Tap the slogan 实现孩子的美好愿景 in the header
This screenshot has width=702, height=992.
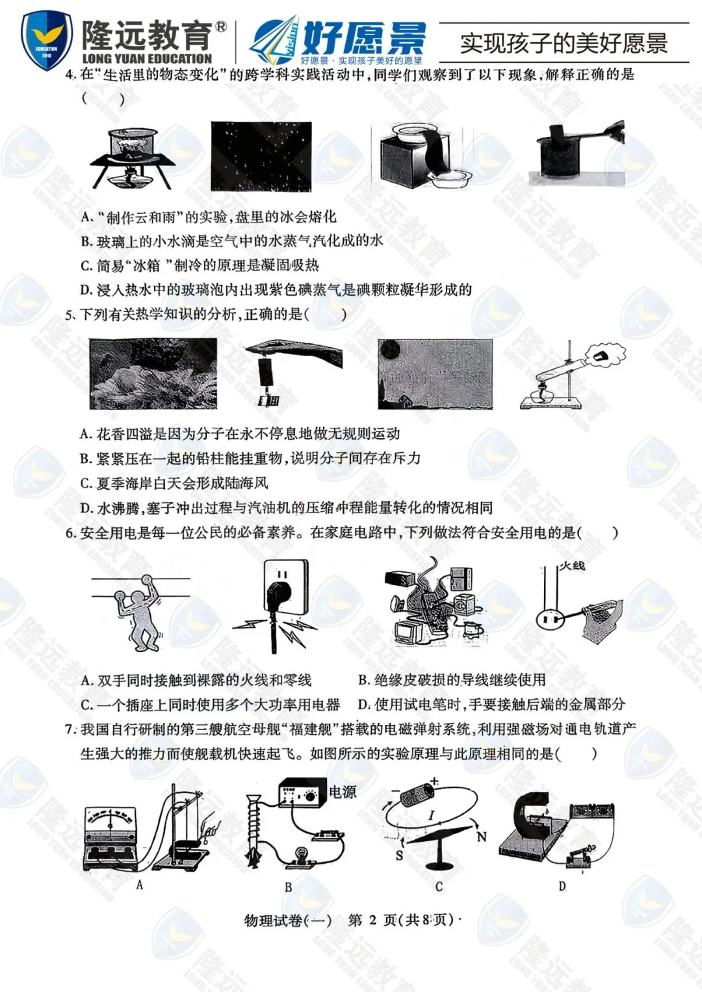(x=564, y=44)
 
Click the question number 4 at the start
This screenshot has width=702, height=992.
(x=70, y=75)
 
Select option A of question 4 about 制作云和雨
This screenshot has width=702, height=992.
(x=208, y=216)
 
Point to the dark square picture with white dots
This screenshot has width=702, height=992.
(x=261, y=157)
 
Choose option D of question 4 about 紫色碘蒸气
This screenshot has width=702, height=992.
(x=276, y=290)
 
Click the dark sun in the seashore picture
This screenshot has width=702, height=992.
(x=390, y=349)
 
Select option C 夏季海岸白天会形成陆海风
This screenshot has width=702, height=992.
(x=174, y=483)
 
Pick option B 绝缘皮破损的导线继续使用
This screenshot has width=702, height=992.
(x=452, y=680)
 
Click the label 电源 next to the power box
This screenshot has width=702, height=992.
(x=342, y=791)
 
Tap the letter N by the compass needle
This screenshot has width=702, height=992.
(x=481, y=837)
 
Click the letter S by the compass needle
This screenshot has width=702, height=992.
(x=399, y=855)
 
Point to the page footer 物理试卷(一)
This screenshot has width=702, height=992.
(x=288, y=920)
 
